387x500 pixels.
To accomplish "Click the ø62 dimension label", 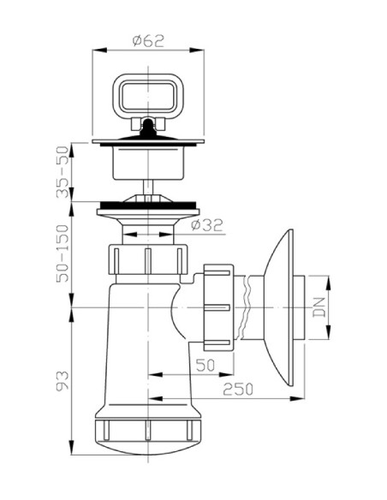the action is [x=148, y=40].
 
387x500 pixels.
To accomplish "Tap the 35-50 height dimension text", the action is [x=63, y=172].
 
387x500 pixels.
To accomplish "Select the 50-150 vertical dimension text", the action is [x=63, y=253].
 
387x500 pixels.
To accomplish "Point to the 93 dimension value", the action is [x=63, y=381].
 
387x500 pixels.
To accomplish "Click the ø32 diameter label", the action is [x=206, y=225].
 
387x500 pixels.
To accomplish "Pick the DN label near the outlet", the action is [x=319, y=307].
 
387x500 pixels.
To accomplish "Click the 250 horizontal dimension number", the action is [x=238, y=389].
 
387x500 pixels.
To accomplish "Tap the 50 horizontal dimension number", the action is [x=205, y=366].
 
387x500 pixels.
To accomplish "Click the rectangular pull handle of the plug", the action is [x=148, y=93].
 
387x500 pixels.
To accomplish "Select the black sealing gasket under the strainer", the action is [x=148, y=205].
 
